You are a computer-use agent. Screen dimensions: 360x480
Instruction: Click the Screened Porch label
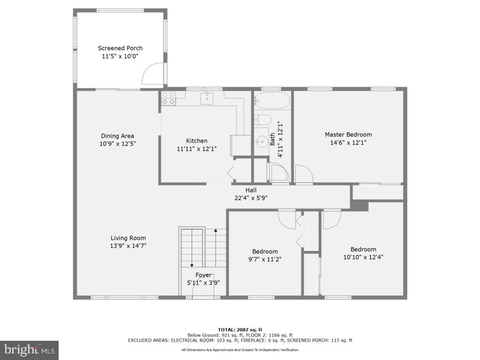pyautogui.click(x=120, y=48)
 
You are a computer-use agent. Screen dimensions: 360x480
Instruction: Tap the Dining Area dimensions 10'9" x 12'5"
pyautogui.click(x=117, y=144)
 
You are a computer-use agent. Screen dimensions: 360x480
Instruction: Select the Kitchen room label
pyautogui.click(x=196, y=141)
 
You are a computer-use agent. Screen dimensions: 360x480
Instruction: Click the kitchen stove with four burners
pyautogui.click(x=169, y=98)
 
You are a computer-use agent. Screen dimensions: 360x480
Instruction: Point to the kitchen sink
pyautogui.click(x=207, y=98)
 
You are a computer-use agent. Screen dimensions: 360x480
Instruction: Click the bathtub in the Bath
pyautogui.click(x=272, y=100)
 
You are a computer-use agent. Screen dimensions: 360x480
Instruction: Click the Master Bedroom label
pyautogui.click(x=348, y=135)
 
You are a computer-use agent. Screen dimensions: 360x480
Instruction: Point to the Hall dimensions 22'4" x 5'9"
pyautogui.click(x=251, y=198)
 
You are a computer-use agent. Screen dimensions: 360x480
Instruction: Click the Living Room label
pyautogui.click(x=128, y=238)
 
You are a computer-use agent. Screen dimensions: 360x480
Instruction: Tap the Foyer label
pyautogui.click(x=203, y=275)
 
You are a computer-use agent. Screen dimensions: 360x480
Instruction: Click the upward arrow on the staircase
pyautogui.click(x=216, y=231)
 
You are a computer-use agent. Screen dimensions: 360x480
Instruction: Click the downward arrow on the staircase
pyautogui.click(x=192, y=265)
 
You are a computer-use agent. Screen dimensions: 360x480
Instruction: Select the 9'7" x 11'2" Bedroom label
pyautogui.click(x=265, y=251)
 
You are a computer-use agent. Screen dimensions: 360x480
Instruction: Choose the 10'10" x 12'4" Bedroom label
pyautogui.click(x=363, y=249)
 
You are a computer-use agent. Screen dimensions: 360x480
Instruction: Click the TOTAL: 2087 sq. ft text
pyautogui.click(x=240, y=330)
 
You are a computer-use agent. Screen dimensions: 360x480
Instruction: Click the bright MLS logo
pyautogui.click(x=29, y=350)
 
